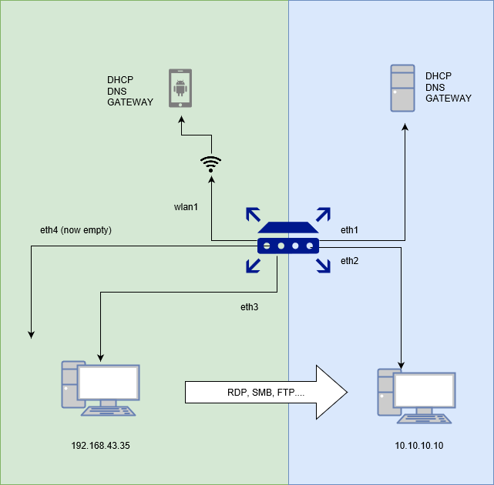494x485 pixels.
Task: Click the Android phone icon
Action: (181, 89)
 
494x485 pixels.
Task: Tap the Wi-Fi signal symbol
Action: (210, 162)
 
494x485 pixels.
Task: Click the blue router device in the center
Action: (288, 239)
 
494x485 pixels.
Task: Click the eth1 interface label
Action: (351, 229)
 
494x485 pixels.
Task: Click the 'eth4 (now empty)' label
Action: (76, 229)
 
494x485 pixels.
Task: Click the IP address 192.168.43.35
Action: (100, 446)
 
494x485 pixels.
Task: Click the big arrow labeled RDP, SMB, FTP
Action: (266, 392)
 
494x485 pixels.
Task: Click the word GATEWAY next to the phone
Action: (130, 102)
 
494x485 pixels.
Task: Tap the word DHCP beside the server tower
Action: (439, 76)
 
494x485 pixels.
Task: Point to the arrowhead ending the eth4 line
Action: (31, 334)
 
